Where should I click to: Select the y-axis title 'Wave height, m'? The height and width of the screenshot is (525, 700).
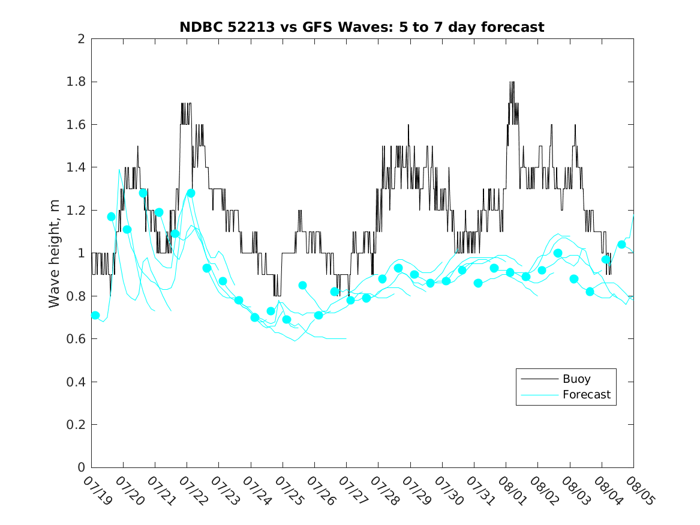click(54, 254)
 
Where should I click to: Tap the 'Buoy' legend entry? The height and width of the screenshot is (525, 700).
click(576, 379)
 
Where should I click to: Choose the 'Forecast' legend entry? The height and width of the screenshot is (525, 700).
click(586, 395)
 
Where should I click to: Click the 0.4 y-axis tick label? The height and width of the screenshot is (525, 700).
click(76, 382)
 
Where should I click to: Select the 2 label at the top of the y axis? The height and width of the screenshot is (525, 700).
click(81, 39)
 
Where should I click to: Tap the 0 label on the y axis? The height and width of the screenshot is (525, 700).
click(81, 467)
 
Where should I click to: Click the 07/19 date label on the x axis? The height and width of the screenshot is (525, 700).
click(97, 490)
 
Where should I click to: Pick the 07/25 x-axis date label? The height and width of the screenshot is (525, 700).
click(289, 490)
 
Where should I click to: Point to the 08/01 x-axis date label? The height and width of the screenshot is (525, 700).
click(512, 490)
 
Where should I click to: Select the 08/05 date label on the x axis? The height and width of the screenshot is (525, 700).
click(640, 490)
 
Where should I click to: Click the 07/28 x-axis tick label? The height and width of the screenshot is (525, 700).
click(384, 490)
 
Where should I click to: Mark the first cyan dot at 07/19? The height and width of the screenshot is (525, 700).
click(95, 315)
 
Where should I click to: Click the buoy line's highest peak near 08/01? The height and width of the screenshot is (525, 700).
click(512, 82)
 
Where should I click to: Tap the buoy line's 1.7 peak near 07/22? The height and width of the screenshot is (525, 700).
click(186, 104)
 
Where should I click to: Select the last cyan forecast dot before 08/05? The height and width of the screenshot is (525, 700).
click(621, 244)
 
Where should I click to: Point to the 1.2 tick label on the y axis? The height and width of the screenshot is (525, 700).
click(76, 210)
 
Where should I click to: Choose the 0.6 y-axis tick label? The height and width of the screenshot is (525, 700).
click(76, 339)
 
